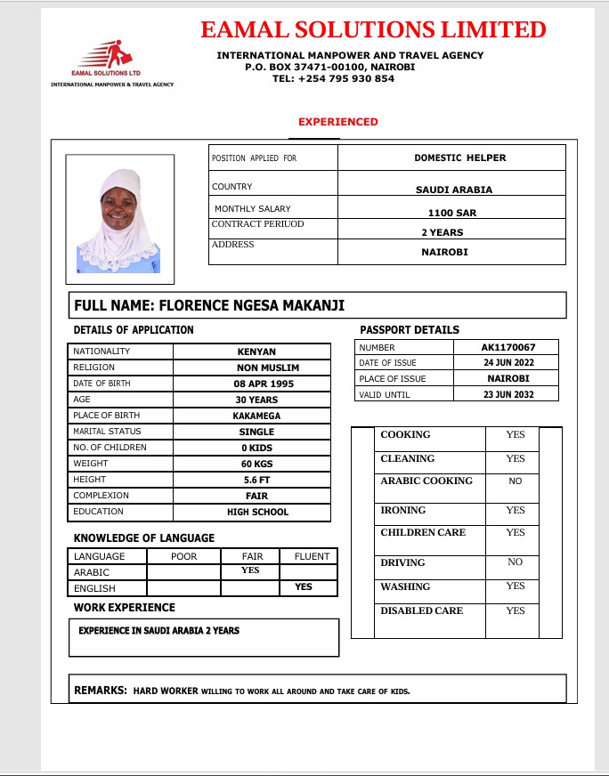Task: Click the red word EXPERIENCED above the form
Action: tap(338, 122)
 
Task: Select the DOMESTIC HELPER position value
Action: tap(459, 158)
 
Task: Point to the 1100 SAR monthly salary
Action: tap(452, 213)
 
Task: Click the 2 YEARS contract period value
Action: tap(443, 232)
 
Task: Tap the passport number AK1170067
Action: tap(508, 347)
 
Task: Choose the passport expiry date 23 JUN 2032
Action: tap(508, 394)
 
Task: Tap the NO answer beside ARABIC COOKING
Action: tap(516, 481)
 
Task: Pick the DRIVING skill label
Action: tap(402, 562)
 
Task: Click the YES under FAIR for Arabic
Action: tap(250, 570)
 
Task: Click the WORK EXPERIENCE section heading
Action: tap(125, 608)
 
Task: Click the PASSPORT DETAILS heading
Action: tap(410, 330)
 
